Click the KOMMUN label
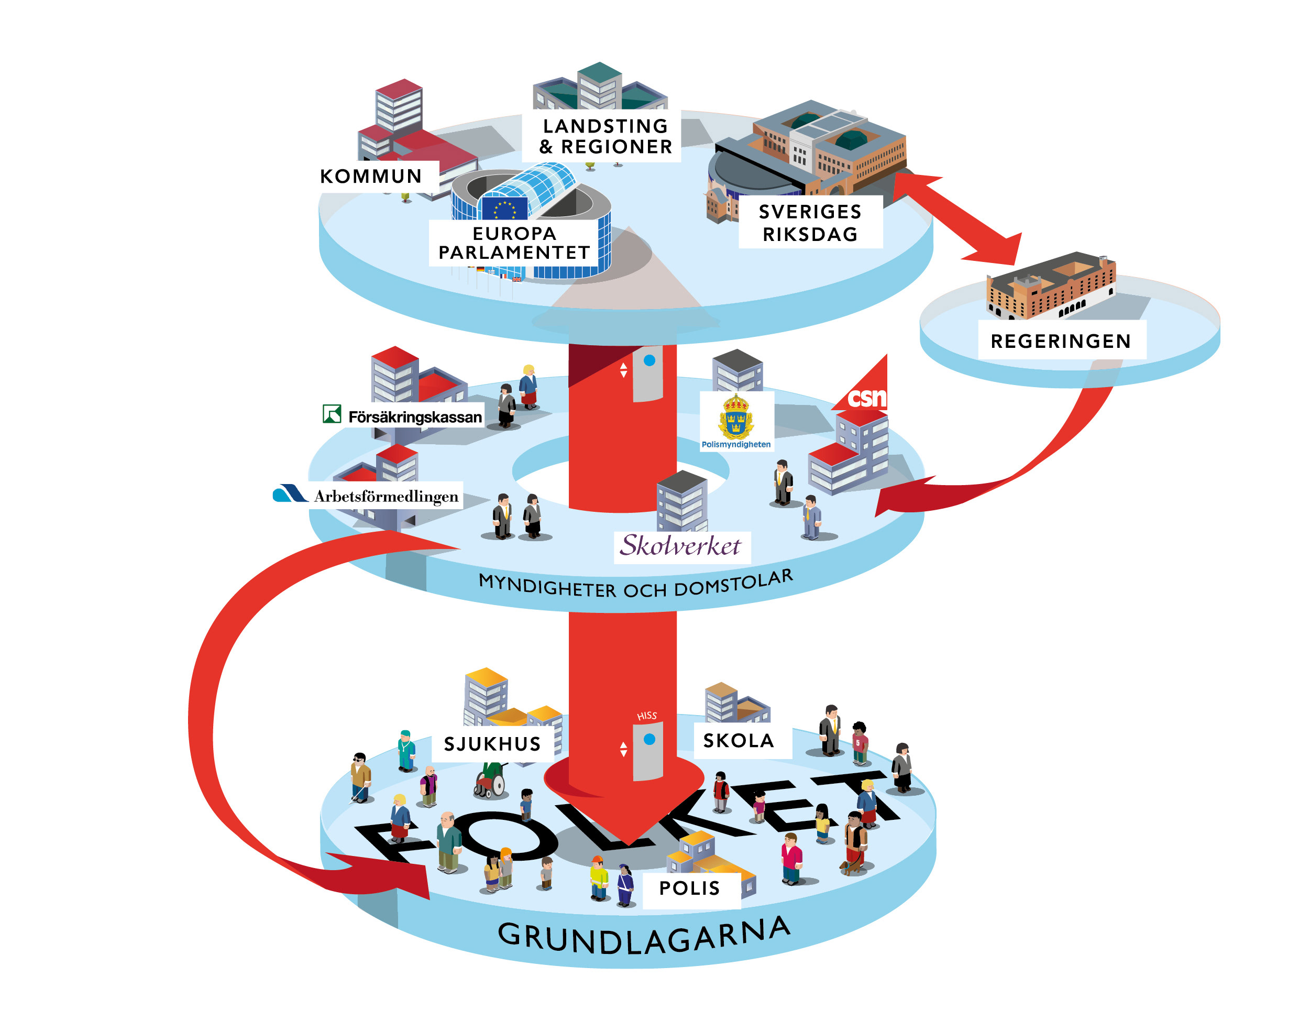[x=371, y=177]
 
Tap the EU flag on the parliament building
[x=504, y=208]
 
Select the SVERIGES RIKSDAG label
[x=810, y=222]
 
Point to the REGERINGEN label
[x=1061, y=342]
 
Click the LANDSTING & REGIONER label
[x=605, y=136]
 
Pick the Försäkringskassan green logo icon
[x=332, y=414]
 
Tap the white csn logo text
[x=866, y=398]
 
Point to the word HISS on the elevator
[x=647, y=716]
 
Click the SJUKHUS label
[x=492, y=744]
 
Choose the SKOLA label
[x=738, y=741]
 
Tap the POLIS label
[x=689, y=888]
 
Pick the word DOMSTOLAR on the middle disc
[x=733, y=584]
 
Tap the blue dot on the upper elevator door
[x=649, y=360]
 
